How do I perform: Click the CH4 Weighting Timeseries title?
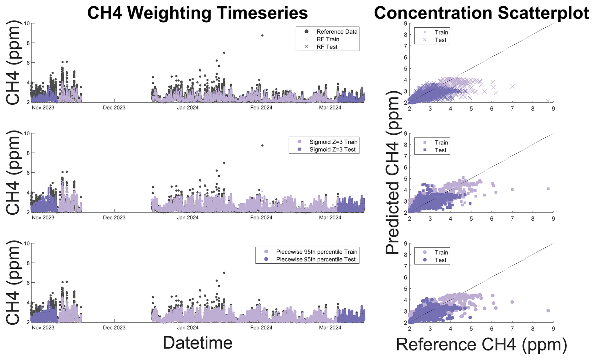coord(197,13)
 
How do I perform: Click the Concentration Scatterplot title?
coord(481,13)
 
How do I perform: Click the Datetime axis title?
coord(197,343)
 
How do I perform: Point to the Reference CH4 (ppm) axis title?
coord(481,344)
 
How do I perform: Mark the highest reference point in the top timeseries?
coord(262,36)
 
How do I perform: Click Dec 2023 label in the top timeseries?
coord(114,108)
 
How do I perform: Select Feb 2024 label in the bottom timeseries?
coord(261,328)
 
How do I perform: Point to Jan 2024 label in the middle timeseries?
coord(188,218)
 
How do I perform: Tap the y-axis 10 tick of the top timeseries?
coord(27,23)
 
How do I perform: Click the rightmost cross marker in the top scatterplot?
coord(548,101)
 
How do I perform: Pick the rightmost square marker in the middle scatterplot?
coord(548,189)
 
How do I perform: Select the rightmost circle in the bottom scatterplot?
coord(548,311)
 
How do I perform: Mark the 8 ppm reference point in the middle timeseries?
coord(262,145)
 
